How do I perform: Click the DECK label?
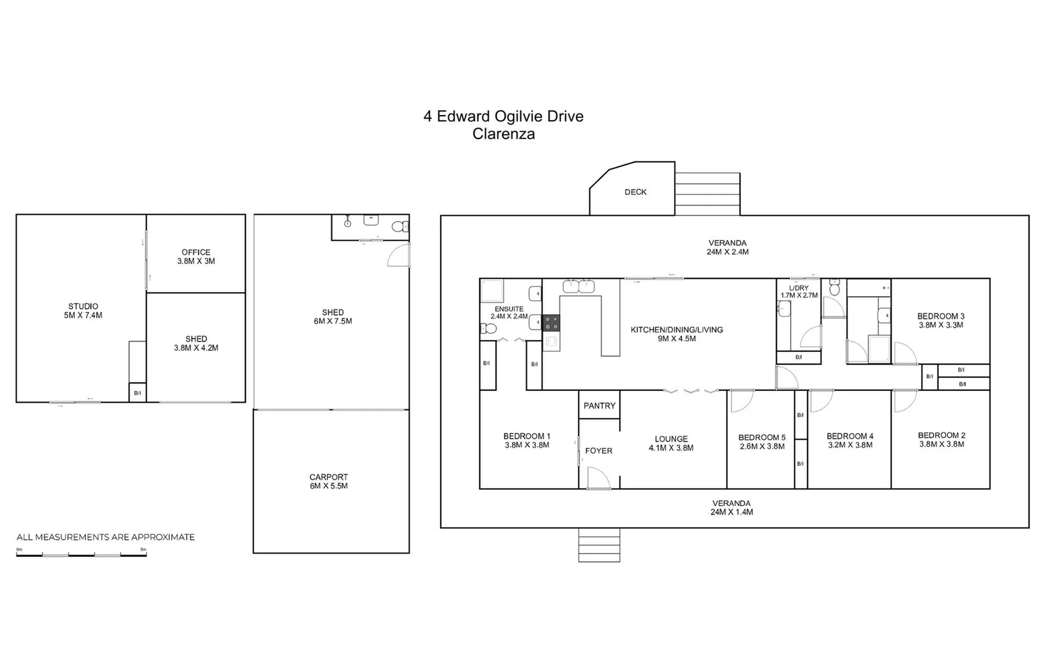coord(635,192)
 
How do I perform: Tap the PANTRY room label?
coord(599,406)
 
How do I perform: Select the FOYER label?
coord(598,451)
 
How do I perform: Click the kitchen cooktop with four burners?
coord(551,323)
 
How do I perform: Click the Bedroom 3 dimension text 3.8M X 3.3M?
coord(940,325)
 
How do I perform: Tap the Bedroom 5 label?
coord(762,437)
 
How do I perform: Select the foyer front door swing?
coord(598,477)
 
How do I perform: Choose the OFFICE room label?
coord(196,252)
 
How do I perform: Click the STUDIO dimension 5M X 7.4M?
coord(83,315)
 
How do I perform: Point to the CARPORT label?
coord(328,477)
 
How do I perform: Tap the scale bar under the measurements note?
coord(81,555)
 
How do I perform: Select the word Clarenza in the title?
coord(503,134)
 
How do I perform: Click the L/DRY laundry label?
coord(798,288)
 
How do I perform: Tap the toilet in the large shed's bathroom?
coord(399,226)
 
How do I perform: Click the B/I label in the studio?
coord(137,393)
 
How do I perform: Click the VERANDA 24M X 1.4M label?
coord(731,508)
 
